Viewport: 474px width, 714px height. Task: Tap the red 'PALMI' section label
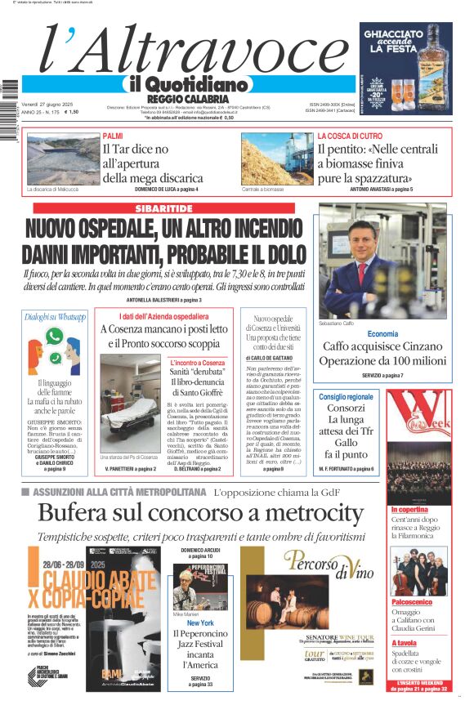113,136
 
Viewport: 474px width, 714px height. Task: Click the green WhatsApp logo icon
54,336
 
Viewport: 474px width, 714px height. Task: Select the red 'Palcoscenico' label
412,601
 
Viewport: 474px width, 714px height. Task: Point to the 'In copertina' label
410,509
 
